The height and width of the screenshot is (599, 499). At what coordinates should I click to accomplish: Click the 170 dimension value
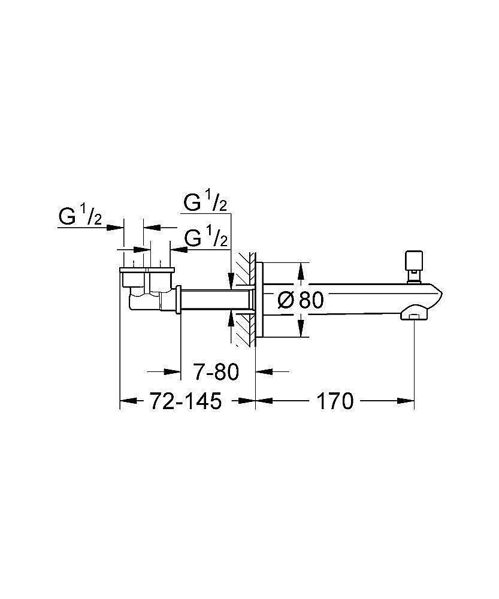[335, 401]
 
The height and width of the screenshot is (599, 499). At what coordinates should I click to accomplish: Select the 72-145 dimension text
[185, 401]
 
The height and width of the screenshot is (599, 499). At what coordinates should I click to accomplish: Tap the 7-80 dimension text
[216, 371]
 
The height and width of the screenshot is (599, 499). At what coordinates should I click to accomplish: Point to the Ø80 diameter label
[300, 300]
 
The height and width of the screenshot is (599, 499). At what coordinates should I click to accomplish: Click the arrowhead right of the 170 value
[406, 401]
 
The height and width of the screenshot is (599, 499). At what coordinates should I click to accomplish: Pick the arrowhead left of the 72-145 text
[129, 401]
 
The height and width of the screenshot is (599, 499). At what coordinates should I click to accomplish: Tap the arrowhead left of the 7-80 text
[172, 371]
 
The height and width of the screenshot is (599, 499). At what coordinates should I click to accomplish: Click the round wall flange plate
[259, 300]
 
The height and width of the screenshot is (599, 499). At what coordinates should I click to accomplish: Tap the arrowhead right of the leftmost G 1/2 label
[115, 227]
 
